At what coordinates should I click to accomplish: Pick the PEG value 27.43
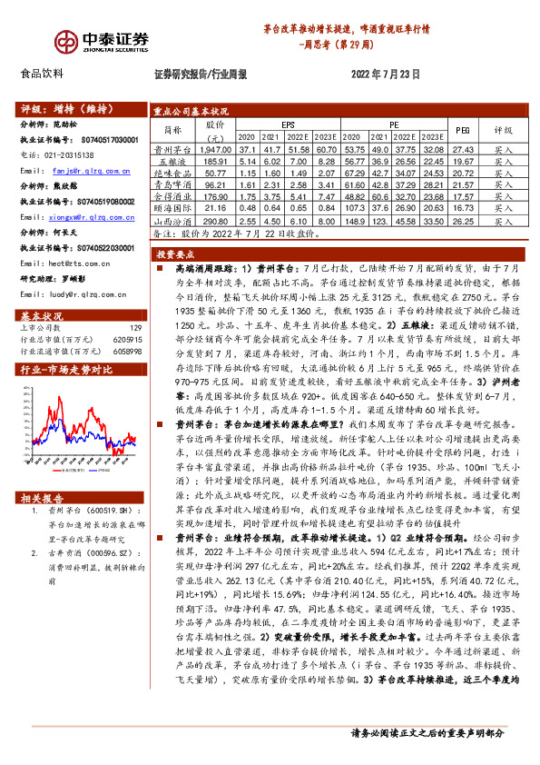click(463, 148)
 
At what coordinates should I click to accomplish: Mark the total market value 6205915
click(128, 339)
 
